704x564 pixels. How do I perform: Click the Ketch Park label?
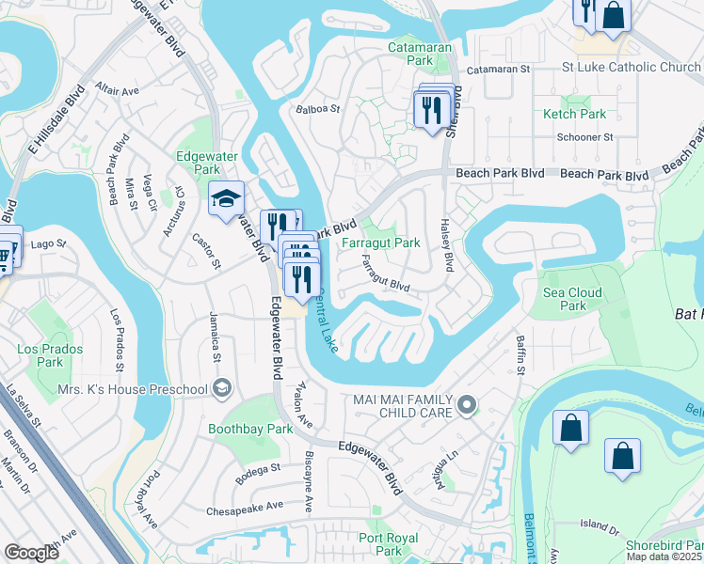[x=574, y=114]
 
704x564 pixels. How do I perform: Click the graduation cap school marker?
[x=226, y=198]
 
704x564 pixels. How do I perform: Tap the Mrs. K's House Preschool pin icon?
[x=221, y=388]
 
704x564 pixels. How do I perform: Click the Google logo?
[x=31, y=553]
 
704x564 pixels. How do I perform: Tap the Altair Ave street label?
[x=116, y=91]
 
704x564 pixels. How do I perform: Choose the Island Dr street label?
[x=596, y=525]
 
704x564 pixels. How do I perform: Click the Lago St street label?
[x=48, y=243]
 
